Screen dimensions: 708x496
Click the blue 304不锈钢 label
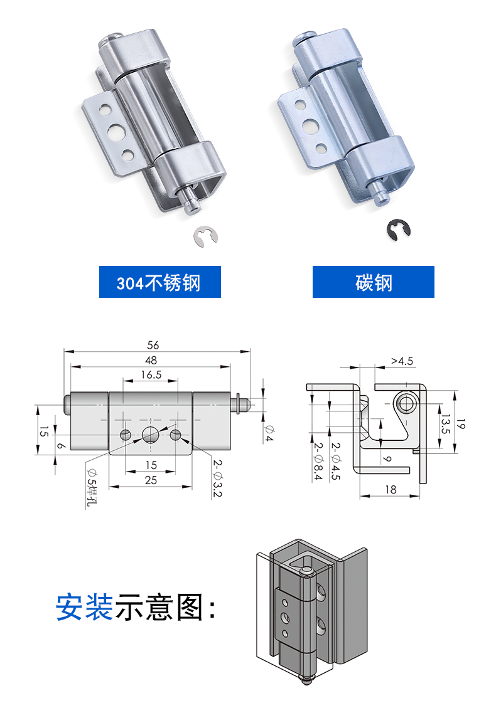point(159,282)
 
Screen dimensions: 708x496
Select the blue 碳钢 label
point(373,282)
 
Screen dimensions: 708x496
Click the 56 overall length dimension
point(153,345)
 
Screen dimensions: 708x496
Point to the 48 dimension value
point(151,360)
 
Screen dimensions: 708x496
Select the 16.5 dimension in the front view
point(151,374)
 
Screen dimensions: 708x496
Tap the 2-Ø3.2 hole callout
point(217,476)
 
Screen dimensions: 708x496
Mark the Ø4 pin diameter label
point(269,433)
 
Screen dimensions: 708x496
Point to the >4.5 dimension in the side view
point(402,361)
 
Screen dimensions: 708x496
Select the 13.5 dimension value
point(445,424)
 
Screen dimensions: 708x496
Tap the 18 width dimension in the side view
point(391,489)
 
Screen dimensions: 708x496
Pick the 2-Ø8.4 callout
point(319,462)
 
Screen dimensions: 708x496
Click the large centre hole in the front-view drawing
point(151,433)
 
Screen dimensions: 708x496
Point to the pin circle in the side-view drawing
point(406,403)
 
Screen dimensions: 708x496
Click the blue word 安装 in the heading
point(84,607)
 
